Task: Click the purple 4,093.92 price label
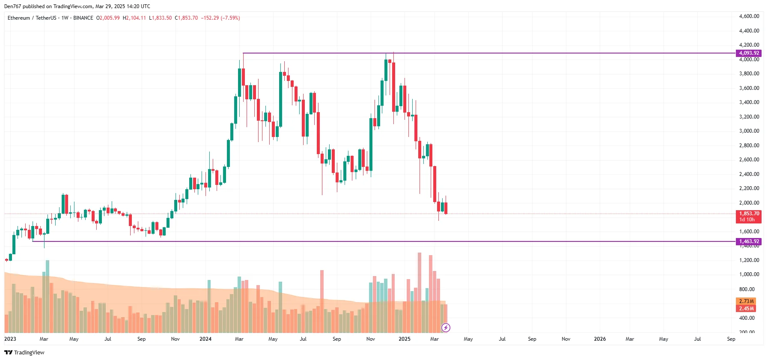[x=748, y=53]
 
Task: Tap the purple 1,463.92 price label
[x=748, y=241]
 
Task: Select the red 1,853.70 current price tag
[x=749, y=214]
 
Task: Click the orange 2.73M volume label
[x=746, y=301]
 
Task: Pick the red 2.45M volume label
[x=746, y=309]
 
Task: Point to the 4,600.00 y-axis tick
[x=749, y=16]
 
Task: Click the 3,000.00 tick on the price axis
[x=749, y=131]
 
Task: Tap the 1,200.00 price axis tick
[x=749, y=260]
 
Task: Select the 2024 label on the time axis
[x=205, y=339]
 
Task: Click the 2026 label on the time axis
[x=600, y=339]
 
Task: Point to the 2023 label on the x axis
[x=10, y=339]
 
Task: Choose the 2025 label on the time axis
[x=404, y=339]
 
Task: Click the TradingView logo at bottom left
[x=24, y=353]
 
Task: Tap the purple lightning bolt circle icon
[x=446, y=328]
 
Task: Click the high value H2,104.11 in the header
[x=134, y=18]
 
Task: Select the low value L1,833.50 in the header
[x=160, y=18]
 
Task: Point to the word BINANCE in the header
[x=83, y=18]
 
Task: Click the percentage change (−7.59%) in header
[x=230, y=18]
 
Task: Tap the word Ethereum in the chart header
[x=19, y=18]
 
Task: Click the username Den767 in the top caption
[x=12, y=6]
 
